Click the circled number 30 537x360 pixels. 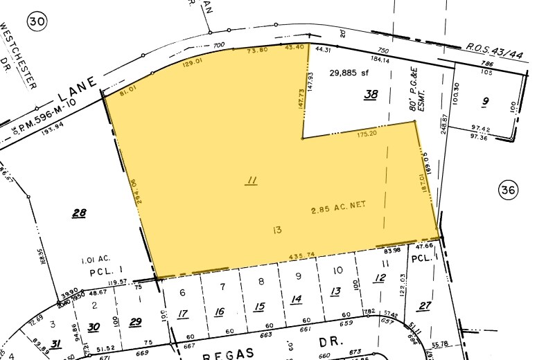[x=36, y=23]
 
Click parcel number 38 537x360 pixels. [x=372, y=95]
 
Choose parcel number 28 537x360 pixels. [x=79, y=213]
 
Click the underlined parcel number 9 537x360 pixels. [x=485, y=101]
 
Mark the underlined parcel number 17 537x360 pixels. [x=183, y=314]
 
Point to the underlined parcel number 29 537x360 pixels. [x=135, y=321]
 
